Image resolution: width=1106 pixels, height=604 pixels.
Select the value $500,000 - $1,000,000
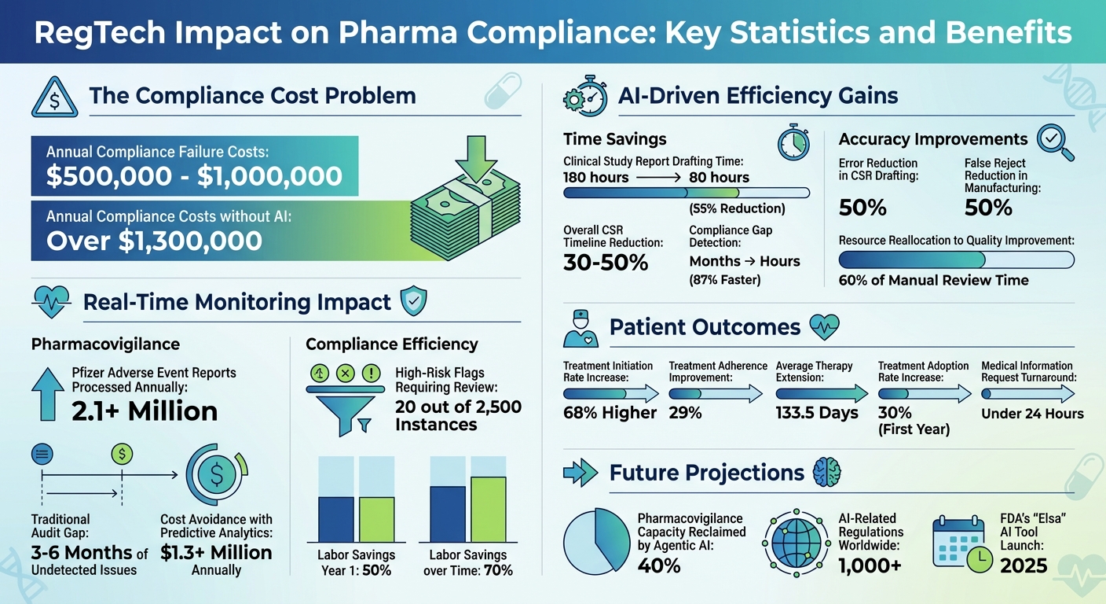pyautogui.click(x=194, y=176)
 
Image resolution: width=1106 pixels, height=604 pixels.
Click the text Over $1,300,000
pyautogui.click(x=154, y=240)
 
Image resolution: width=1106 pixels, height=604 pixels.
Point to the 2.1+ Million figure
pyautogui.click(x=145, y=411)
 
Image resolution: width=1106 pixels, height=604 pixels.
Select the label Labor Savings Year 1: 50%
pyautogui.click(x=356, y=562)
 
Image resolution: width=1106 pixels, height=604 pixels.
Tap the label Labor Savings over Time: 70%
pyautogui.click(x=467, y=562)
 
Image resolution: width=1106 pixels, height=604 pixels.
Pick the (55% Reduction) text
pyautogui.click(x=737, y=209)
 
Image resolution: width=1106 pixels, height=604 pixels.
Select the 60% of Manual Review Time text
pyautogui.click(x=933, y=280)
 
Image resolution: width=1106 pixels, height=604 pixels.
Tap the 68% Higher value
pyautogui.click(x=610, y=413)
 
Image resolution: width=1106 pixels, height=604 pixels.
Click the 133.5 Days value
pyautogui.click(x=817, y=413)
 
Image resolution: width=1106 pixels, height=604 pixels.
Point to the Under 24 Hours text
pyautogui.click(x=1032, y=413)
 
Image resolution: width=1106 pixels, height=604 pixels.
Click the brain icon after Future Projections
pyautogui.click(x=827, y=472)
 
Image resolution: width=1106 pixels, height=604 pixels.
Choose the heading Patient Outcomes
pyautogui.click(x=705, y=327)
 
